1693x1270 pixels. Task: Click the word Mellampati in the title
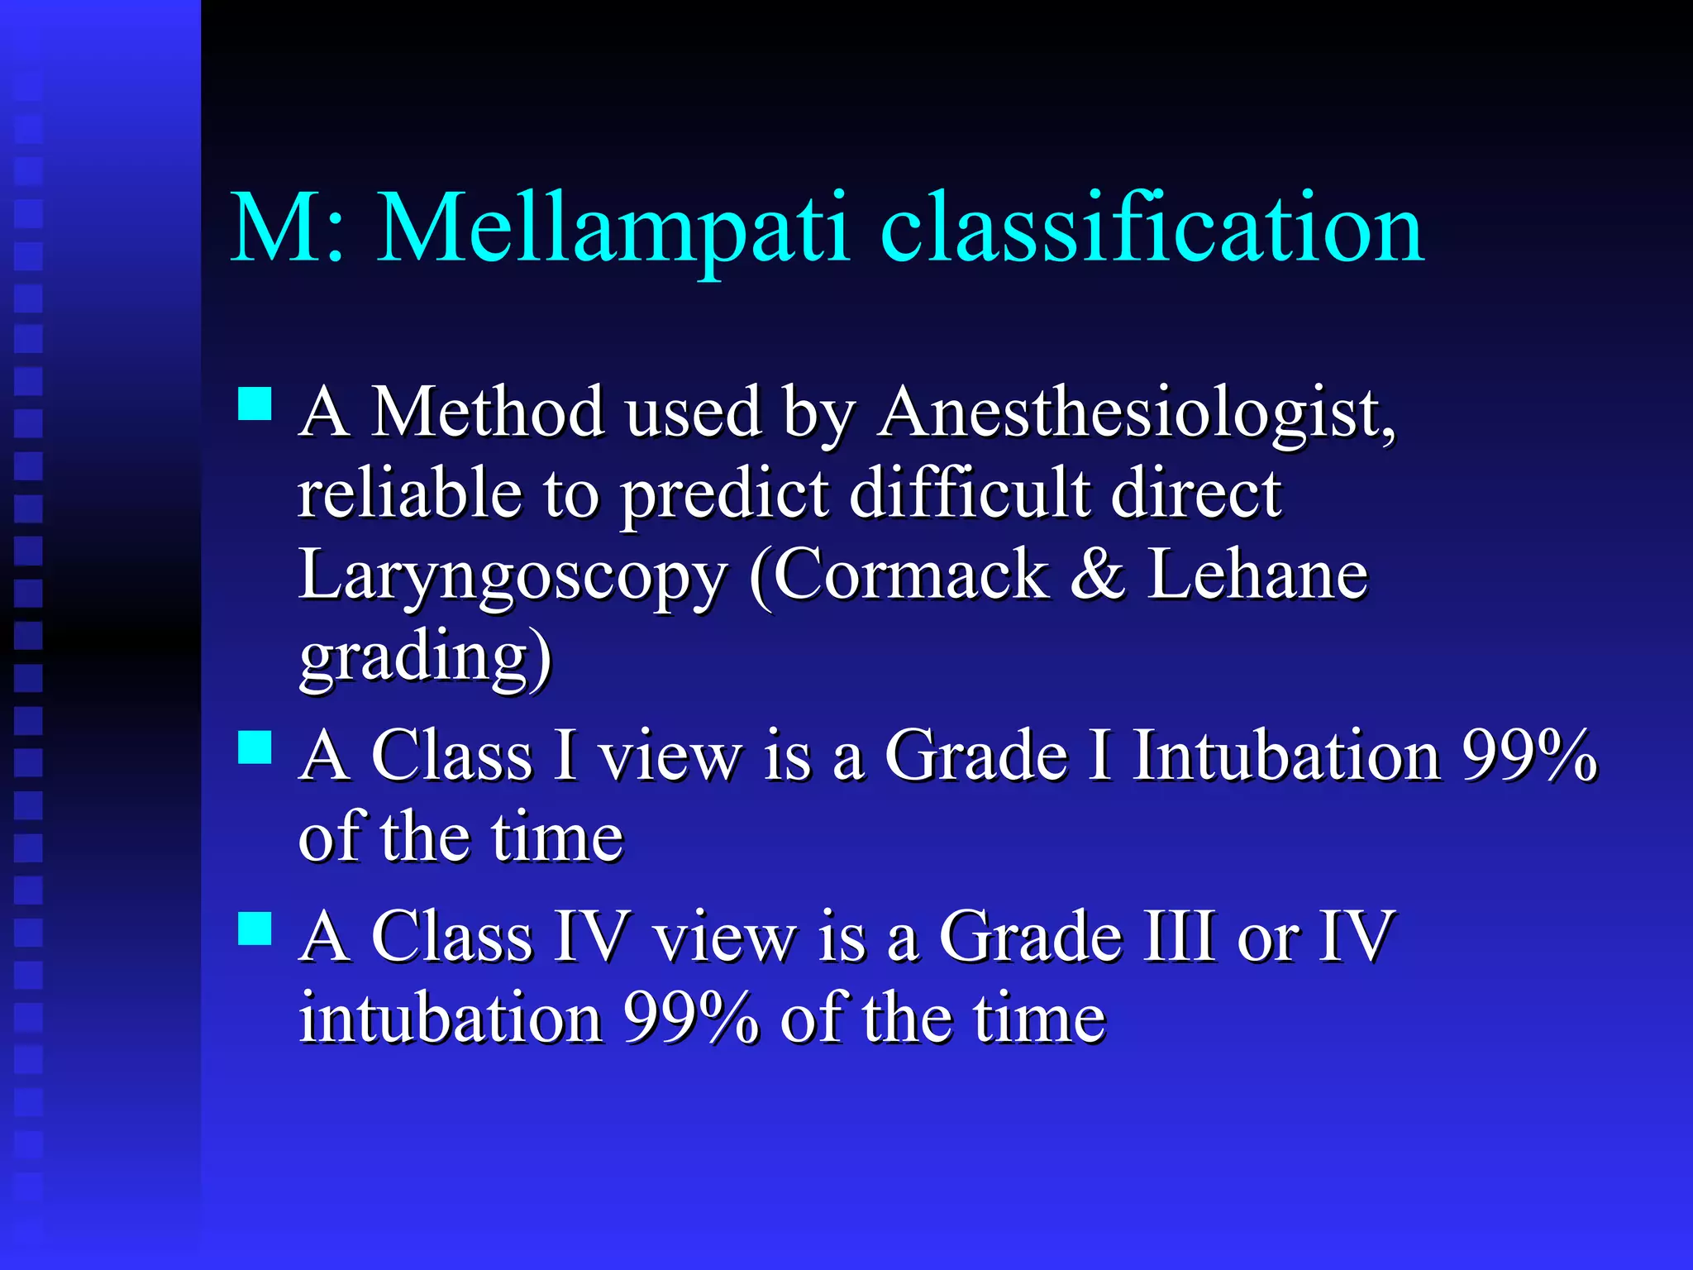pyautogui.click(x=613, y=228)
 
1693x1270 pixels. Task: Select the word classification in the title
pyautogui.click(x=1152, y=228)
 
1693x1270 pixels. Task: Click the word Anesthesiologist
pyautogui.click(x=1136, y=413)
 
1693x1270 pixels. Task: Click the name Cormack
pyautogui.click(x=910, y=575)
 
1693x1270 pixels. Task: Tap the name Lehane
pyautogui.click(x=1257, y=575)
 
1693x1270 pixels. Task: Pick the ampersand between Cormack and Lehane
pyautogui.click(x=1097, y=575)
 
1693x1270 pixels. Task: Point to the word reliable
pyautogui.click(x=410, y=494)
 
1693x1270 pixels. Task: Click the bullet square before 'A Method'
pyautogui.click(x=255, y=404)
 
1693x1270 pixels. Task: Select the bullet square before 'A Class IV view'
pyautogui.click(x=255, y=928)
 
